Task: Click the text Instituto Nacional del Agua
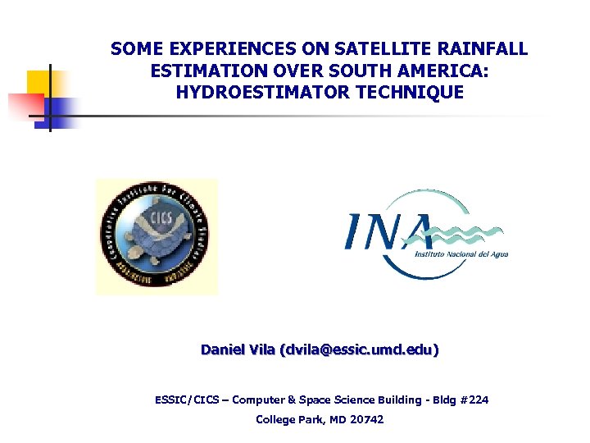(x=462, y=254)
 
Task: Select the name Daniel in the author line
(x=222, y=350)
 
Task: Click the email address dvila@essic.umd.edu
(x=359, y=350)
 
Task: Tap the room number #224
(x=474, y=400)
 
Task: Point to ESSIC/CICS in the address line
(x=188, y=400)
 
